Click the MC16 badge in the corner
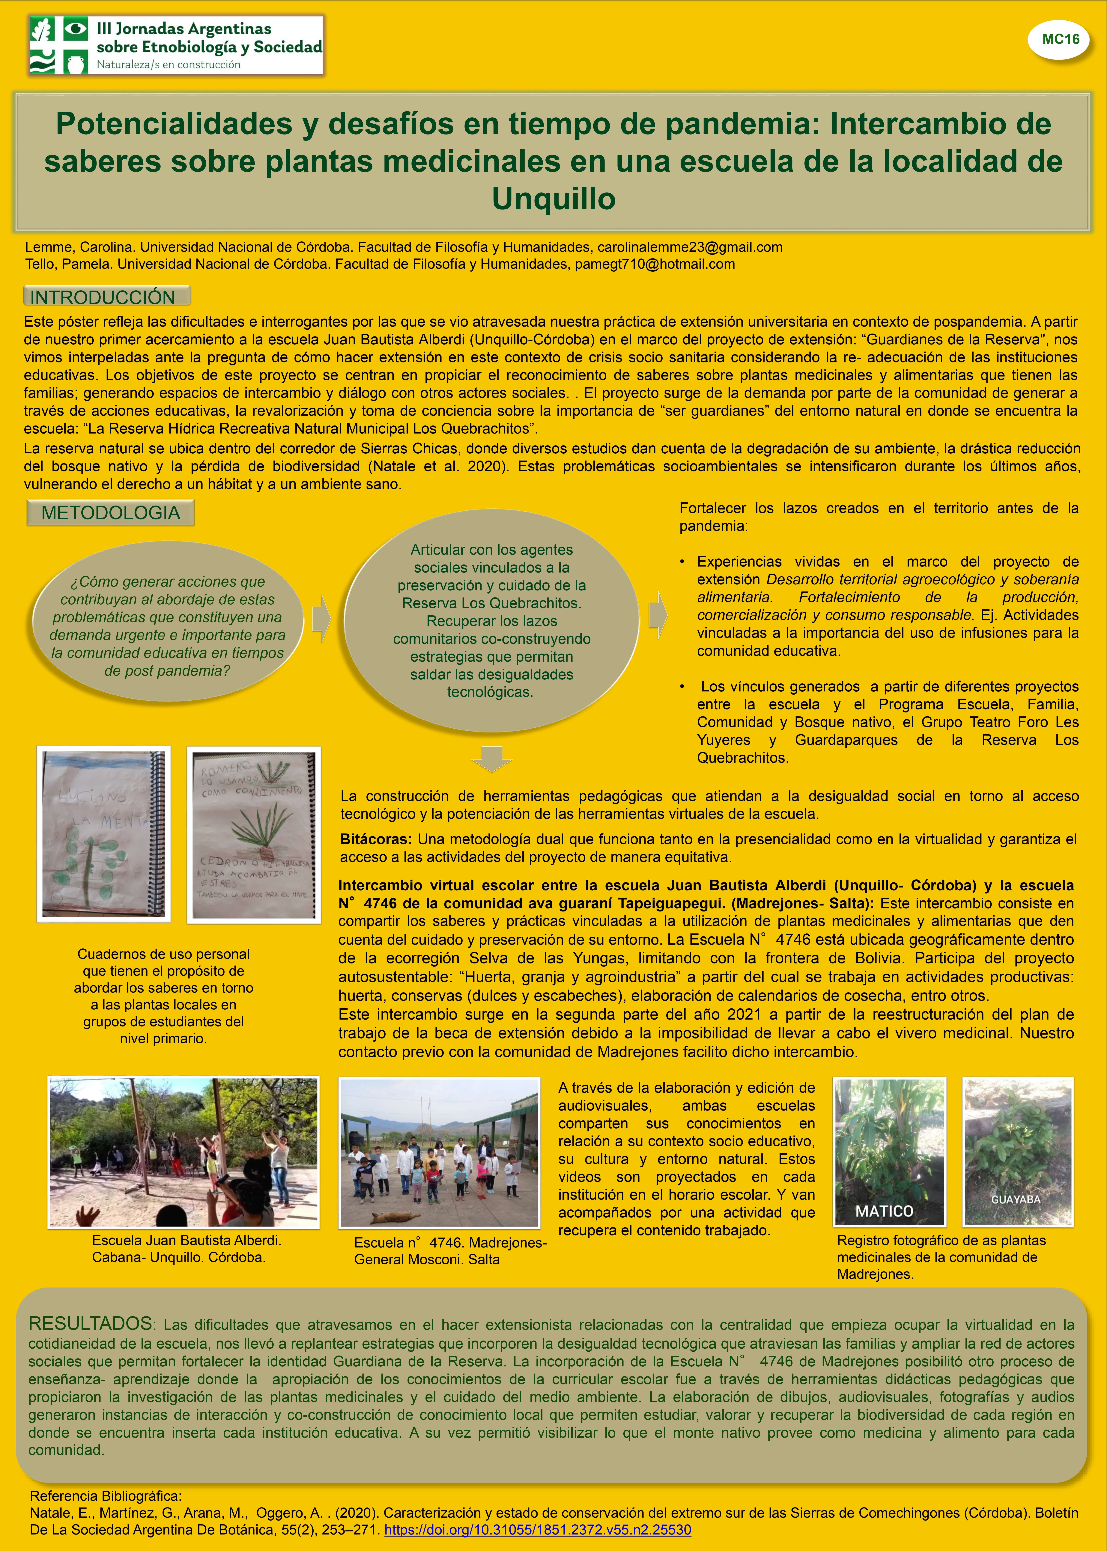1061,40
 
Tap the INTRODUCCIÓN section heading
103,297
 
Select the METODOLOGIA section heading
110,513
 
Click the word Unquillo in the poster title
553,198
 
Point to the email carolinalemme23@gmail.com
690,247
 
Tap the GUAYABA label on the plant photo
1016,1199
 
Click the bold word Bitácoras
376,839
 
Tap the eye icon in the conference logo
76,29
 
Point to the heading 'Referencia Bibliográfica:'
106,1496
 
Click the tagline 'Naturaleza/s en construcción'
168,65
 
